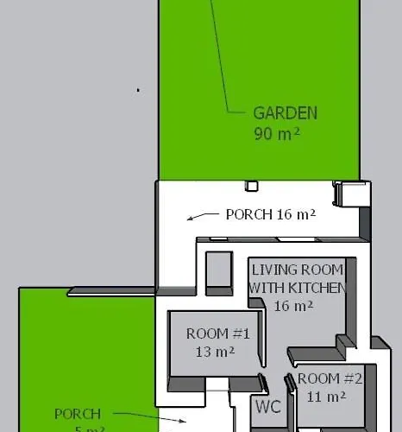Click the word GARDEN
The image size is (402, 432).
pos(285,113)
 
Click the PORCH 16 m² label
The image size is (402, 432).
pos(270,214)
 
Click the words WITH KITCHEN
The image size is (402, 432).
pos(296,288)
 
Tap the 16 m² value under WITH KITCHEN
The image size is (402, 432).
pos(293,306)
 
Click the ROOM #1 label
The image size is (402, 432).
pos(217,334)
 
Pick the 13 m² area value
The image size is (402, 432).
pos(216,352)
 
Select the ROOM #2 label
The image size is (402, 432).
pos(330,378)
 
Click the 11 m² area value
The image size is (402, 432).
pos(326,397)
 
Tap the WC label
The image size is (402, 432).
pos(267,407)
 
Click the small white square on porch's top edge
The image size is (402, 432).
pos(252,185)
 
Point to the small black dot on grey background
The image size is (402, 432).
pos(138,89)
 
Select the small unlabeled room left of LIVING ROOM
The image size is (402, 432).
pos(218,272)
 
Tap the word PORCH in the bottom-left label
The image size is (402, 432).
pos(78,415)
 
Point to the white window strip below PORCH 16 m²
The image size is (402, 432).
pos(276,238)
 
